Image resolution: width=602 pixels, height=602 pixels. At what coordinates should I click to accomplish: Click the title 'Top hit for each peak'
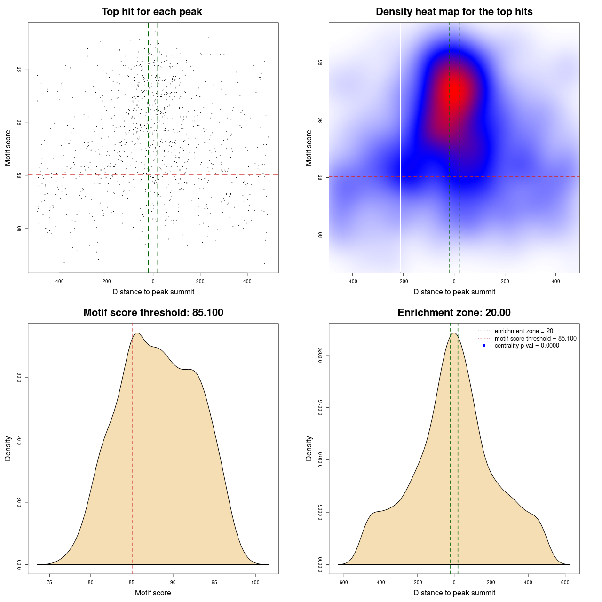[x=151, y=12]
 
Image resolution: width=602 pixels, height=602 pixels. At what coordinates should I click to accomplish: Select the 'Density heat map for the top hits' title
[x=454, y=12]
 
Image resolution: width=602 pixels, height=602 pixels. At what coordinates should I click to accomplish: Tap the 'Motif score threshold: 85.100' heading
[x=153, y=313]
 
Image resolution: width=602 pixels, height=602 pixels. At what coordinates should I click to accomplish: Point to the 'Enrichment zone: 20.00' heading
[x=454, y=313]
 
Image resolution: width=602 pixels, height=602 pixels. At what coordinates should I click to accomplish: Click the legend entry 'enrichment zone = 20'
[x=523, y=331]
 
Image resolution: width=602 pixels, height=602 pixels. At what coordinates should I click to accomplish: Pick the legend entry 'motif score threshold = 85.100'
[x=535, y=339]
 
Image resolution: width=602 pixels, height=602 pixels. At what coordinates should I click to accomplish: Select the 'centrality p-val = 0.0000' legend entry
[x=527, y=346]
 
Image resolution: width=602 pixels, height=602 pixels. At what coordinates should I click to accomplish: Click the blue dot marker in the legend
[x=484, y=346]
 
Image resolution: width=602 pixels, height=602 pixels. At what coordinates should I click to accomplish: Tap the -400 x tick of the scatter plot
[x=59, y=281]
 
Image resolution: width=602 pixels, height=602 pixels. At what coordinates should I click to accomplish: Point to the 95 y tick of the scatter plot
[x=20, y=69]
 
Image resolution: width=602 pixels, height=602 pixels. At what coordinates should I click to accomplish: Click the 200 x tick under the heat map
[x=505, y=281]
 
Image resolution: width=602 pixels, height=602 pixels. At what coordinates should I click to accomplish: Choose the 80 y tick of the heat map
[x=321, y=235]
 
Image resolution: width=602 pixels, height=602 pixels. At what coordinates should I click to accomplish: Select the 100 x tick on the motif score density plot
[x=255, y=582]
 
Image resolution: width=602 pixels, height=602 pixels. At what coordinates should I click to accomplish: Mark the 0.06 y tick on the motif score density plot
[x=20, y=378]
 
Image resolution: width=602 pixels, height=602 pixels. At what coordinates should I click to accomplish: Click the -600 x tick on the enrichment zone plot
[x=343, y=582]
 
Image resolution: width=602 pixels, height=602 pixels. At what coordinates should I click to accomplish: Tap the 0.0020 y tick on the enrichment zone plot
[x=321, y=356]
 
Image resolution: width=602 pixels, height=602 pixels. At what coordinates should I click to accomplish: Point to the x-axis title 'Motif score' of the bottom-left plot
[x=153, y=593]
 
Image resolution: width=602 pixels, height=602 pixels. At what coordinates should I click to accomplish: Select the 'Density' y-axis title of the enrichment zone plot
[x=309, y=448]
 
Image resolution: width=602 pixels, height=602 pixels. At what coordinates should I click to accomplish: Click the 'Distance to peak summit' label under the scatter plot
[x=153, y=292]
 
